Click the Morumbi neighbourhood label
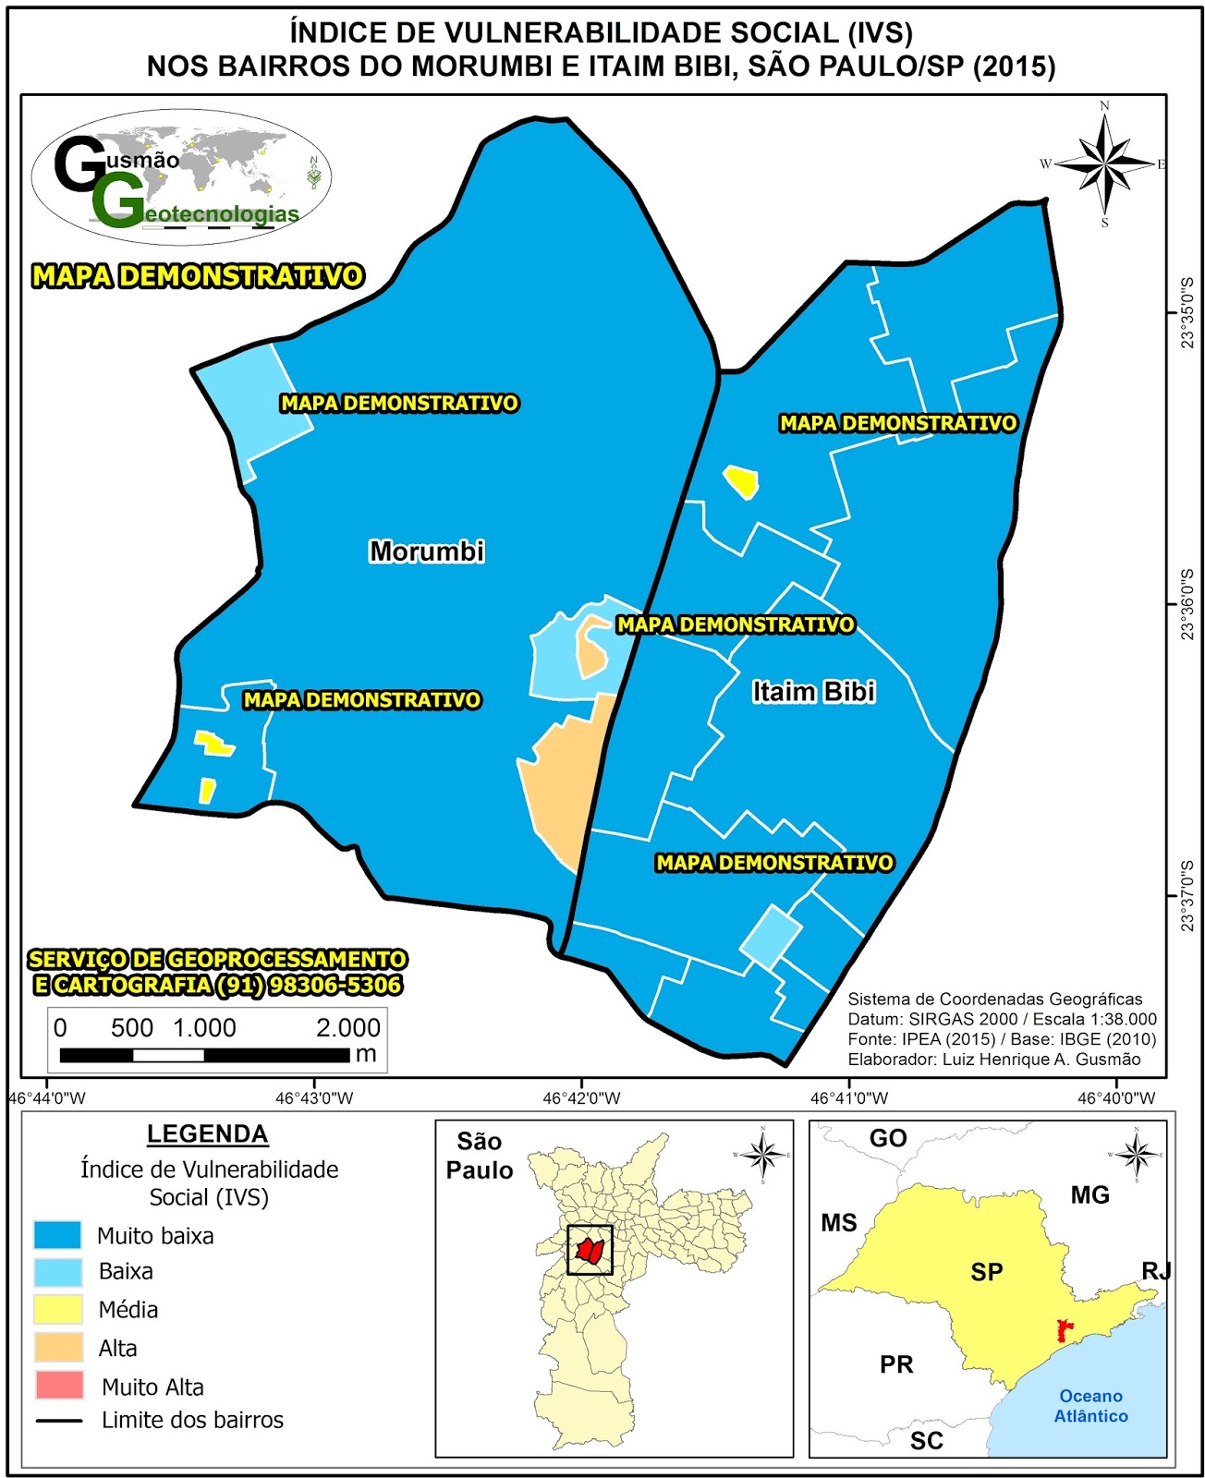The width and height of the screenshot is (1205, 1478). click(x=427, y=551)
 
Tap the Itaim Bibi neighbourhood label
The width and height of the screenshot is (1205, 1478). click(x=813, y=691)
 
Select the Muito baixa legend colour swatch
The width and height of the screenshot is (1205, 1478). click(x=57, y=1235)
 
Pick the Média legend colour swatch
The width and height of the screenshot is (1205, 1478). click(x=57, y=1309)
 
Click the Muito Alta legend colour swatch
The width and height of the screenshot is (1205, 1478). click(x=57, y=1386)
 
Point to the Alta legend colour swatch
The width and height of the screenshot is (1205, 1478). click(x=57, y=1347)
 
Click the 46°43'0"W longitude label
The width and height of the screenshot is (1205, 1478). click(x=314, y=1098)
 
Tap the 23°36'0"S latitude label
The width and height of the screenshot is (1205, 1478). click(x=1187, y=605)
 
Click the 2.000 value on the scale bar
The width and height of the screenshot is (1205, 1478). click(x=347, y=1027)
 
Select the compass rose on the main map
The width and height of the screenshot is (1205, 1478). click(x=1105, y=164)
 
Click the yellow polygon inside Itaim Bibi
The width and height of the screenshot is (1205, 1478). click(x=742, y=481)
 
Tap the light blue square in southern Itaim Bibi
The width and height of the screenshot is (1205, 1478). click(x=770, y=936)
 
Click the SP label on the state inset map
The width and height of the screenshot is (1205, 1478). click(x=986, y=1272)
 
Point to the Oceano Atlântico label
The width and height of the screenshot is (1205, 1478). click(x=1090, y=1405)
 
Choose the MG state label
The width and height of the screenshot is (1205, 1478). click(x=1089, y=1194)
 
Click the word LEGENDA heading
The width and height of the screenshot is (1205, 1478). click(x=207, y=1133)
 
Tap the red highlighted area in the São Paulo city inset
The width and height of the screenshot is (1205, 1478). click(x=590, y=1251)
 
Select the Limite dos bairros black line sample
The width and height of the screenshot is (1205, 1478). click(x=57, y=1421)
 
